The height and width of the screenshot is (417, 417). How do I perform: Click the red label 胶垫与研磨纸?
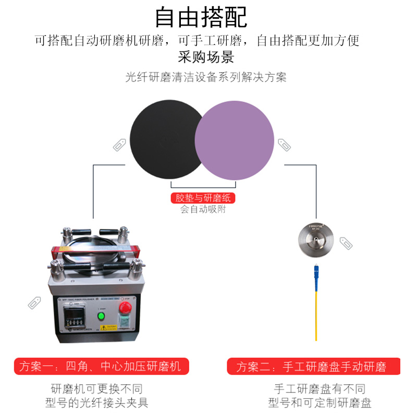(x=203, y=198)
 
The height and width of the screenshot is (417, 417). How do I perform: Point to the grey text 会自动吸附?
(x=203, y=210)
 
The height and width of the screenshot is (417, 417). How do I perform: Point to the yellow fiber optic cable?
(x=316, y=315)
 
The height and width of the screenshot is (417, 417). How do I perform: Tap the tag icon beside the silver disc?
(x=346, y=243)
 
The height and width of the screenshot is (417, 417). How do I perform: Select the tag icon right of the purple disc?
(x=284, y=144)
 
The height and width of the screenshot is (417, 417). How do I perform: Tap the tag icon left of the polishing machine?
(x=34, y=302)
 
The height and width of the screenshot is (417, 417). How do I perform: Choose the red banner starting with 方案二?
(x=314, y=366)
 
